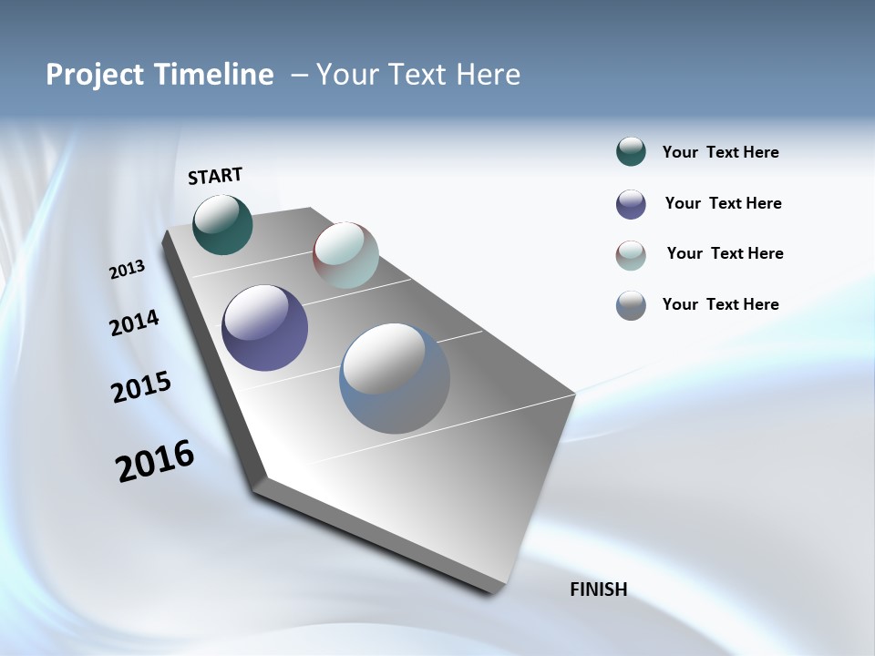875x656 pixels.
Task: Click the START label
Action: [x=215, y=176]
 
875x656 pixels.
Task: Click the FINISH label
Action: [x=598, y=589]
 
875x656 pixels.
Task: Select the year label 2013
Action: [x=127, y=270]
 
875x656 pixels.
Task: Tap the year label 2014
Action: [x=134, y=323]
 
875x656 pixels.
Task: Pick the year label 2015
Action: [x=141, y=386]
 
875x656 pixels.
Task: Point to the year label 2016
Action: [x=155, y=461]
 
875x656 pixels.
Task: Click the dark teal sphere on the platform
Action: [x=222, y=225]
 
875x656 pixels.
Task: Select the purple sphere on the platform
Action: [x=264, y=328]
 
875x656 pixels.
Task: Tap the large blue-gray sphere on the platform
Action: [x=394, y=378]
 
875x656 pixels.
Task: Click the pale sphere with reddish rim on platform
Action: [x=345, y=255]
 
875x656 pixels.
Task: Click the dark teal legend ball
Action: [x=631, y=152]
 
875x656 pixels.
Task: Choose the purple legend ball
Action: [x=631, y=204]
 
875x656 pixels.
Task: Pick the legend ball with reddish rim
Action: [x=631, y=255]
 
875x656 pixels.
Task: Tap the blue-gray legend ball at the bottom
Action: [x=631, y=305]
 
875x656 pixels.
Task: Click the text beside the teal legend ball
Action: [x=720, y=153]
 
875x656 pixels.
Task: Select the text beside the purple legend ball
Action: [x=723, y=204]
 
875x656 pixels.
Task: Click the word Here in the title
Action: [x=485, y=75]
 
